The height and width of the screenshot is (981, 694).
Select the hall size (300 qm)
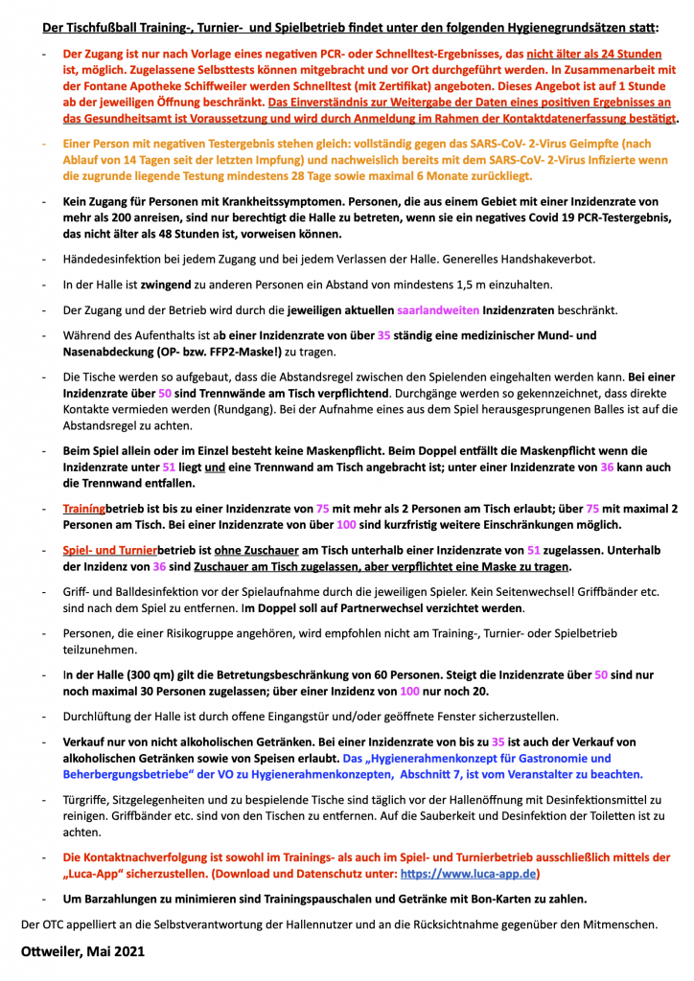pos(148,674)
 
